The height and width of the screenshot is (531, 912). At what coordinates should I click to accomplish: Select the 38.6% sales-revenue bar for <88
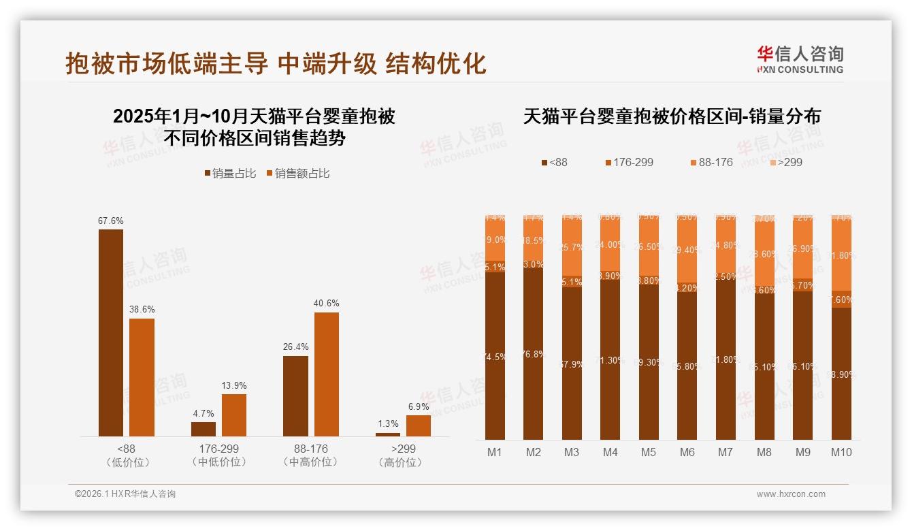pos(142,377)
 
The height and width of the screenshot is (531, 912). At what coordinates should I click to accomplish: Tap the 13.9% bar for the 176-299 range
pos(234,415)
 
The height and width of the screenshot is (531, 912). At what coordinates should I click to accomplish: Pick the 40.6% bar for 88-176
pos(326,374)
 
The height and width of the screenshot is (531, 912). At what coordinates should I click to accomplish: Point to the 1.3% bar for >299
pos(388,434)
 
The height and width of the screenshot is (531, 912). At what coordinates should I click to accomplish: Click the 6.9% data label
pos(419,406)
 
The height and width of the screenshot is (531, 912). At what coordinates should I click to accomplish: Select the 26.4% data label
pos(295,347)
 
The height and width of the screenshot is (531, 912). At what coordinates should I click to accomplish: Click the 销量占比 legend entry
pos(229,174)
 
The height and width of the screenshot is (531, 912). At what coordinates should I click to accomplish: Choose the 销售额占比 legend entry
pos(298,174)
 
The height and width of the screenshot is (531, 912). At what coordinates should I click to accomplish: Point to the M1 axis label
pos(495,452)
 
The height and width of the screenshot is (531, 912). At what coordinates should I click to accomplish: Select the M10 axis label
pos(841,452)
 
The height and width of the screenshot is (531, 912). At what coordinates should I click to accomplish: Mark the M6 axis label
pos(687,452)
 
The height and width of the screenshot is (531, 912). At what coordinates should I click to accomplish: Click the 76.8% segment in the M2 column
pos(534,354)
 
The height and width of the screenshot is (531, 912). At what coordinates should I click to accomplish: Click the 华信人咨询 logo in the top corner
pos(800,59)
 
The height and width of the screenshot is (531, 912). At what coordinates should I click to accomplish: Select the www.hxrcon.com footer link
pos(791,494)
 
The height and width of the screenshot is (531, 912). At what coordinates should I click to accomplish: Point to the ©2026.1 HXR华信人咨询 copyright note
pos(125,494)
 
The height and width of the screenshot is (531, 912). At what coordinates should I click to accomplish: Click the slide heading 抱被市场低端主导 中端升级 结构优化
pos(276,63)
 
